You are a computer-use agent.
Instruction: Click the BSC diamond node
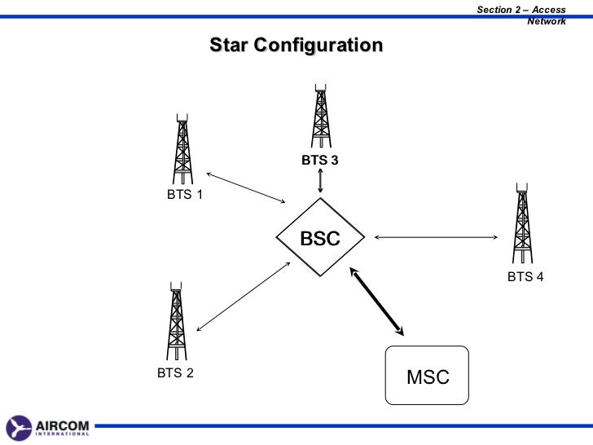click(320, 239)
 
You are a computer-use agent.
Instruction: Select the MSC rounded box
click(427, 375)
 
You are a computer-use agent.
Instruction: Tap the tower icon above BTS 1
click(182, 150)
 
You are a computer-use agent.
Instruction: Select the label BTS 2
click(176, 373)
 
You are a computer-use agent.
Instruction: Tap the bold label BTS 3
click(319, 161)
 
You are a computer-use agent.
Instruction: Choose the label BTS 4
click(525, 276)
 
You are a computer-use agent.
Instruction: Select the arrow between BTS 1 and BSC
click(245, 188)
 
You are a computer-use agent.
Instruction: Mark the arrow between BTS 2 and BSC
click(244, 297)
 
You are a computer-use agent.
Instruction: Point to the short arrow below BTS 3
click(320, 182)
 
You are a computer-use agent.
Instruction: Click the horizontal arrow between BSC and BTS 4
click(436, 238)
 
